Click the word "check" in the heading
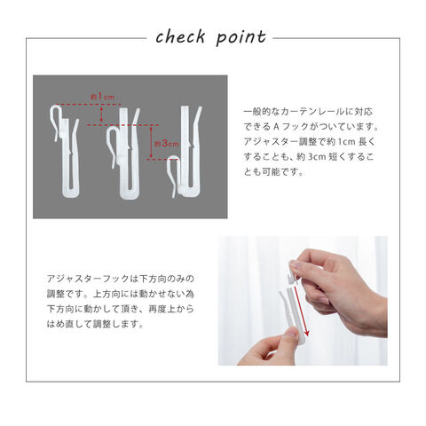[x=180, y=37]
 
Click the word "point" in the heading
[x=241, y=38]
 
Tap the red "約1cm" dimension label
[x=102, y=96]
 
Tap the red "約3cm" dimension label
[x=167, y=144]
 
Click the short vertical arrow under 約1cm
[x=101, y=114]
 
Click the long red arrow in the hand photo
[x=302, y=311]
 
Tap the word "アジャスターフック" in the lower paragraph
[x=89, y=279]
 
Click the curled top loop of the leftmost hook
[x=56, y=113]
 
